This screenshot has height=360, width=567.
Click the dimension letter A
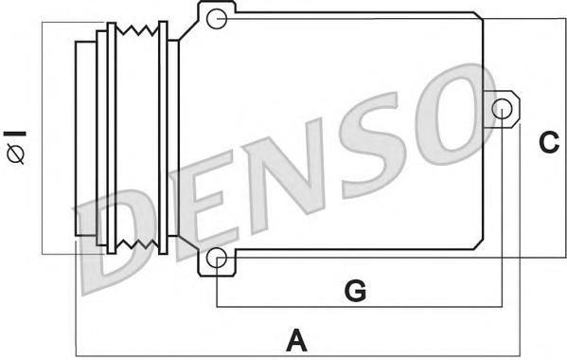pos(297,340)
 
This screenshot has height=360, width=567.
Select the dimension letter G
pos(356,290)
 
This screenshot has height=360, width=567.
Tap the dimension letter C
pos(549,142)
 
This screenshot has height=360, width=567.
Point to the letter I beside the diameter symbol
pos(15,134)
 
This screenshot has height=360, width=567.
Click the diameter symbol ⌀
pos(15,153)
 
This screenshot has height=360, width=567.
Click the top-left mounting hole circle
pos(217,18)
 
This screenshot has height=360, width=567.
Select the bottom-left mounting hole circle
pos(217,258)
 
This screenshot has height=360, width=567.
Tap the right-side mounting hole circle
pos(503,109)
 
